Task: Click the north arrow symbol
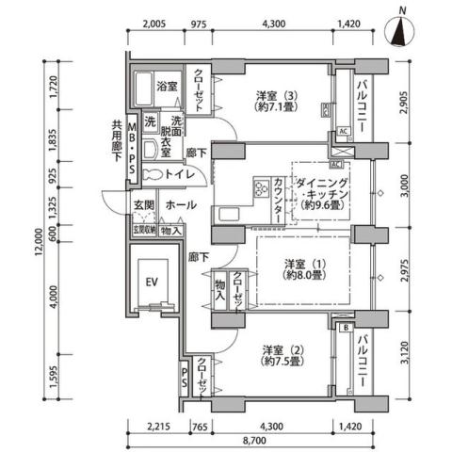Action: [402, 29]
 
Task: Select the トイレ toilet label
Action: [179, 174]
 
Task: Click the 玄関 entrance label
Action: [143, 204]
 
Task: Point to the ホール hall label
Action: [180, 204]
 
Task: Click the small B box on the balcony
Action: [347, 328]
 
